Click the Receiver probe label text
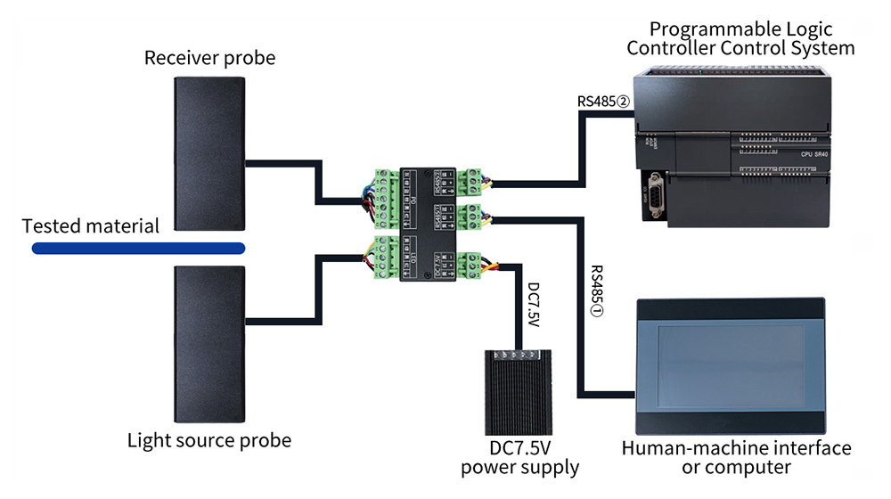point(210,59)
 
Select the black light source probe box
point(208,344)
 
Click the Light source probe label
point(209,440)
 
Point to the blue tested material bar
point(137,248)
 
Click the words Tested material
point(91,225)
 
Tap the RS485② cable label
point(603,102)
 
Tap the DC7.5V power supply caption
point(519,457)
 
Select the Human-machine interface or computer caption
point(736,457)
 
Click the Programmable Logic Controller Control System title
point(740,38)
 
